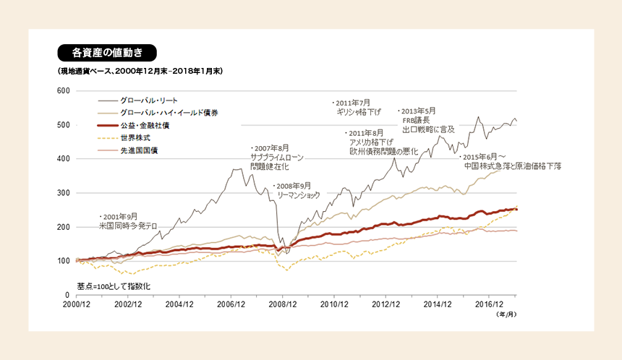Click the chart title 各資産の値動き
[106, 53]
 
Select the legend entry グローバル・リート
[149, 99]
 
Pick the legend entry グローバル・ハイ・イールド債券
[169, 112]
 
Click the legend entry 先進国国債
[139, 150]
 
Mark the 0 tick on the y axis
[67, 295]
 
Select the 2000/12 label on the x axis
[77, 305]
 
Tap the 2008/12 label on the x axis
[283, 305]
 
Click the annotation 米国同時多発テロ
[128, 226]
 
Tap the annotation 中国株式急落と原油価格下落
[513, 166]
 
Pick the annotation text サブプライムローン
[277, 157]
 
